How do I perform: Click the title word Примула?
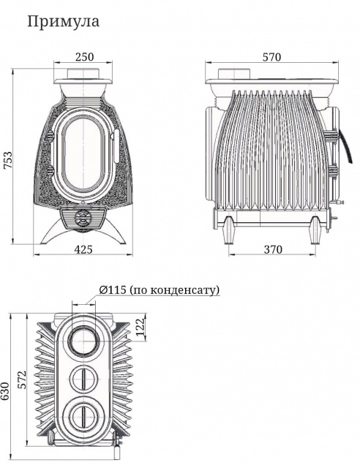[x=63, y=22]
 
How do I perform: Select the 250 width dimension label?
[x=84, y=56]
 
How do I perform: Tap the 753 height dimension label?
[x=8, y=160]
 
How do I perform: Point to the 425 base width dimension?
[x=83, y=249]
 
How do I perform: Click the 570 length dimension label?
[x=271, y=57]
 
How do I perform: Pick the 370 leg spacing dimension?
[x=273, y=250]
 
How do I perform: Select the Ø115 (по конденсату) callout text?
[x=160, y=290]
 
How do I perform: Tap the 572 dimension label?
[x=21, y=379]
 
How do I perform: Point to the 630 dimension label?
[x=5, y=391]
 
